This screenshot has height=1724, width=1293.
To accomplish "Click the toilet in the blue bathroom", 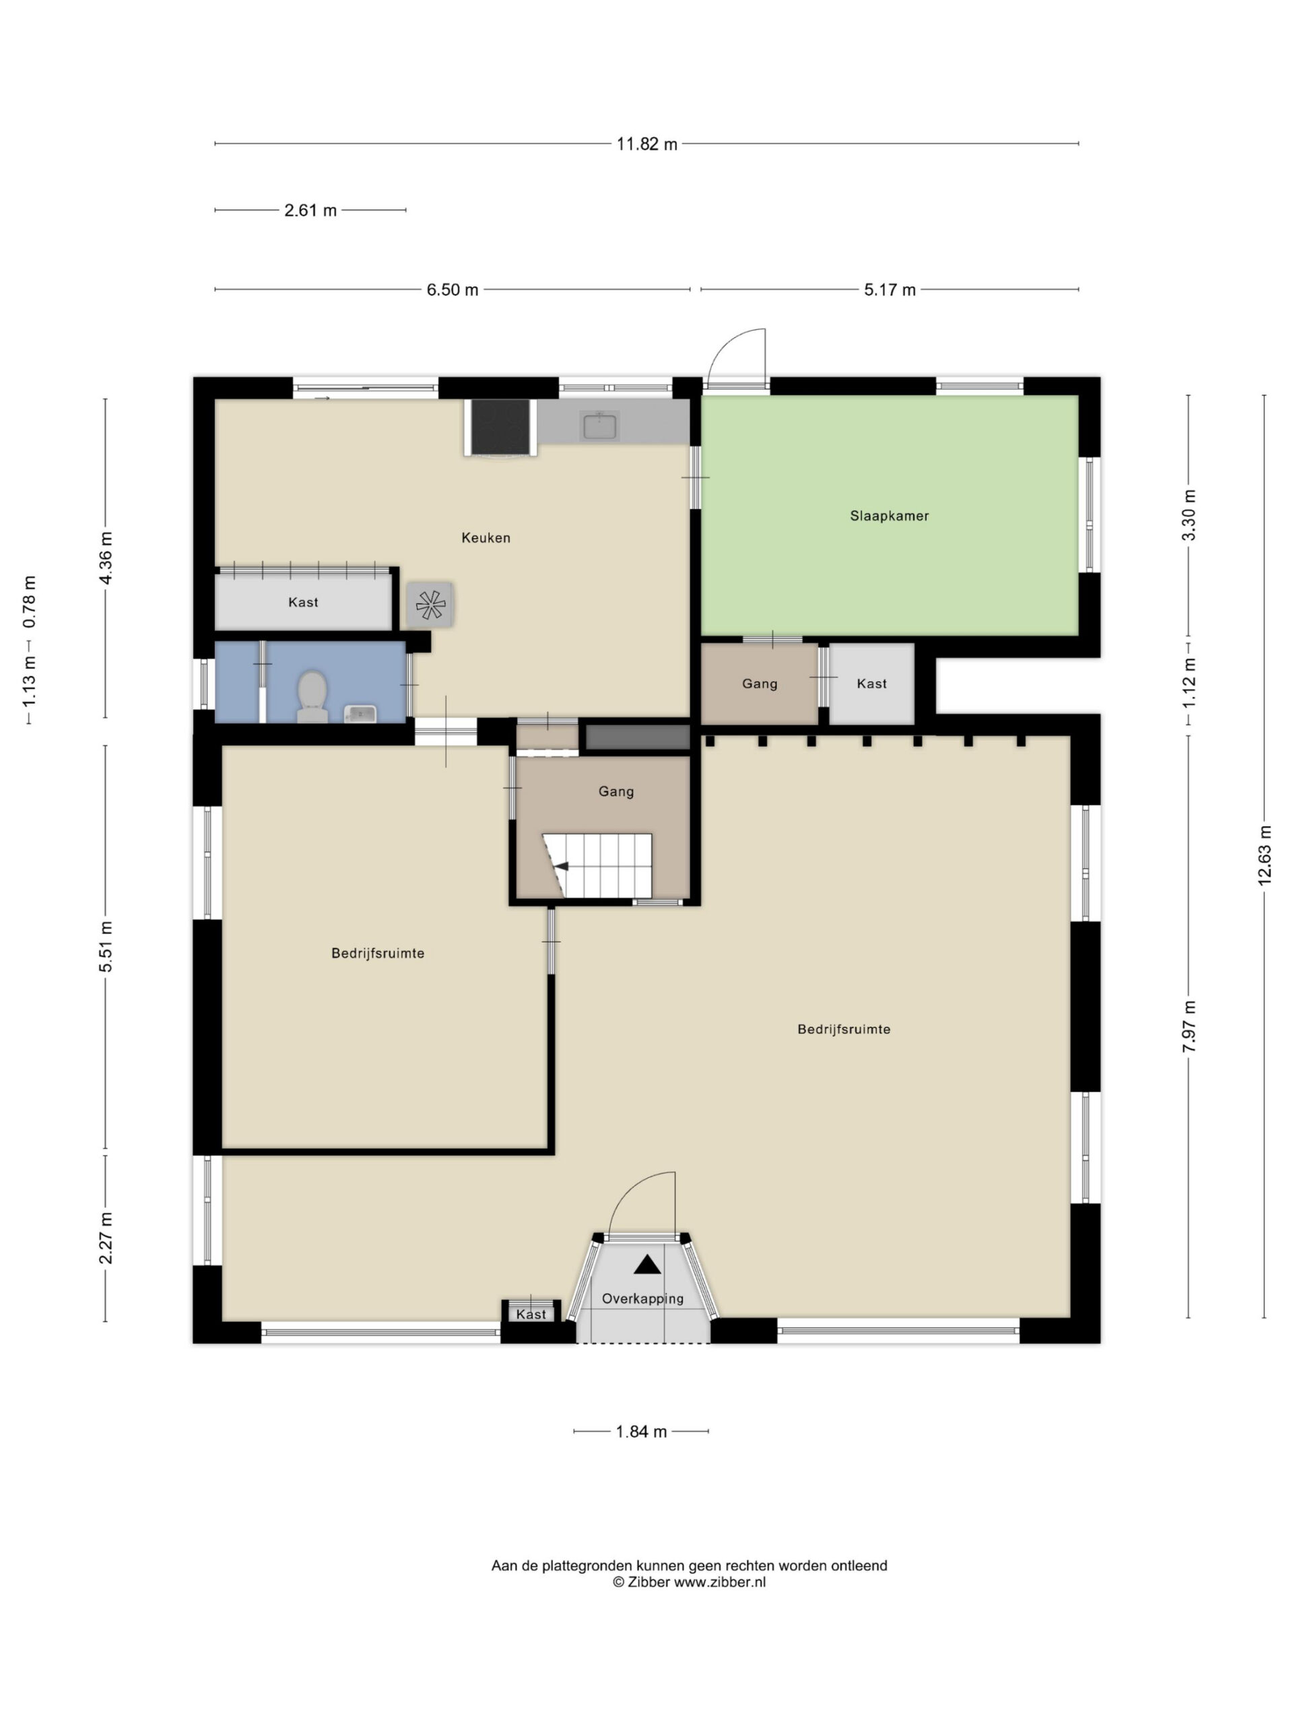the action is click(x=312, y=695).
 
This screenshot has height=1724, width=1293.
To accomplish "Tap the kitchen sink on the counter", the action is click(x=599, y=426).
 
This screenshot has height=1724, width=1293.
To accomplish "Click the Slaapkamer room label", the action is click(x=890, y=516).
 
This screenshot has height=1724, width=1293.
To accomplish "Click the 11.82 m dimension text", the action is click(x=647, y=144).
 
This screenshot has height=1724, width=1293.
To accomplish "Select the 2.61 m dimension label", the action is click(x=310, y=210).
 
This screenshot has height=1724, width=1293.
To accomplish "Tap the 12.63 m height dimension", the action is click(x=1264, y=854).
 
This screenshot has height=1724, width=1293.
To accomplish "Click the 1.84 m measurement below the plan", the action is click(x=641, y=1432).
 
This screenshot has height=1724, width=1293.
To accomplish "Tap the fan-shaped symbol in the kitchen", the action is click(x=430, y=604).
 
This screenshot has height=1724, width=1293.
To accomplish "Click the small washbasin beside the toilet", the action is click(x=360, y=713).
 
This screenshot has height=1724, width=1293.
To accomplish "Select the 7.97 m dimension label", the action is click(x=1189, y=1026).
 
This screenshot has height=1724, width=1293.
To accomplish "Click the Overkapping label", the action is click(x=642, y=1299).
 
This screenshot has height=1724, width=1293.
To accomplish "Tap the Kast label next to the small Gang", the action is click(x=871, y=684).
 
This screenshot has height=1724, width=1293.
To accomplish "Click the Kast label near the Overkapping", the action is click(x=531, y=1315).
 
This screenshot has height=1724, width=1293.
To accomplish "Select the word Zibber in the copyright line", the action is click(x=649, y=1582).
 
